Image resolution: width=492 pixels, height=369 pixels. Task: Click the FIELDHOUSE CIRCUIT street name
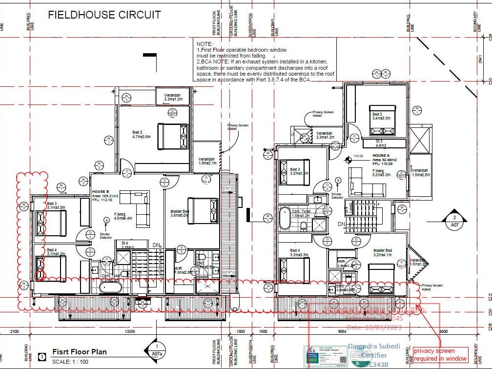[x=104, y=15]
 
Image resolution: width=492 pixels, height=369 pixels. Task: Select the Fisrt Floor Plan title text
[x=79, y=352]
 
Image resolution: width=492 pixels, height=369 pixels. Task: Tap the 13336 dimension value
[x=129, y=331]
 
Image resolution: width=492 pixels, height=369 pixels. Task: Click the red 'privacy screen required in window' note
[x=440, y=354]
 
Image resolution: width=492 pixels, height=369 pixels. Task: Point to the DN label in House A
[x=342, y=224]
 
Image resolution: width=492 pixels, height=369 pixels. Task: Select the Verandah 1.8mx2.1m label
[x=206, y=162]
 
